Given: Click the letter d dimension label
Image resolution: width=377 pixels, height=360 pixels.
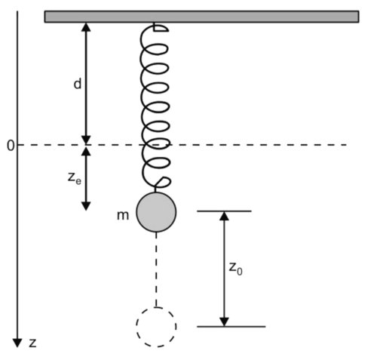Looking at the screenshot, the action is tap(78, 84).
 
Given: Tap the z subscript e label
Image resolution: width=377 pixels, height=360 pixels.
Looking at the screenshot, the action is tap(75, 178).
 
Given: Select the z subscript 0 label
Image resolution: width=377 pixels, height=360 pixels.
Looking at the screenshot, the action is tap(235, 269).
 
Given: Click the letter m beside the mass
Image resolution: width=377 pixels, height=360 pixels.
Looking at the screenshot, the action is tap(123, 216).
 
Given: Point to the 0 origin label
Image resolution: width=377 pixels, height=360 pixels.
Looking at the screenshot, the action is tap(11, 146).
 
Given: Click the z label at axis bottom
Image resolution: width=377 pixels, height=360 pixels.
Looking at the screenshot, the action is tap(32, 343).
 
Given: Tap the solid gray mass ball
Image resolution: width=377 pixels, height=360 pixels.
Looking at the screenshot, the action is tap(156, 212).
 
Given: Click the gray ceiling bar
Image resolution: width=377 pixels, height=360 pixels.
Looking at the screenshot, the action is tap(201, 17).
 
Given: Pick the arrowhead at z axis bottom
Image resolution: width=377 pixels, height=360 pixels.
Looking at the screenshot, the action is tap(17, 343).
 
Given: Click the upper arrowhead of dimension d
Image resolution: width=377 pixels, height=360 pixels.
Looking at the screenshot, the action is tap(86, 27).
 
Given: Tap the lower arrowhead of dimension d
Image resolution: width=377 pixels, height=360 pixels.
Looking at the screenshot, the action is tap(86, 140).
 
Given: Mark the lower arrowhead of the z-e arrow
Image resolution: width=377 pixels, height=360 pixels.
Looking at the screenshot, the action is tap(86, 206).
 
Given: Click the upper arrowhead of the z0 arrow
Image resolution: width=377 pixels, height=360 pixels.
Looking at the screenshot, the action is tap(224, 216).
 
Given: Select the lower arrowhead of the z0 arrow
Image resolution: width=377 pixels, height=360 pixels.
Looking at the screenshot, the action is tap(224, 322).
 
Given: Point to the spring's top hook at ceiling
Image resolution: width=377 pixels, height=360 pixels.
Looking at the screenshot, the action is tap(161, 28).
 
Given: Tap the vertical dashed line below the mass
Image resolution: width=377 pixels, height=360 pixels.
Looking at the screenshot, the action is tap(156, 269).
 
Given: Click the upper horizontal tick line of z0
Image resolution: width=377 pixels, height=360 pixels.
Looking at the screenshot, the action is tap(224, 211).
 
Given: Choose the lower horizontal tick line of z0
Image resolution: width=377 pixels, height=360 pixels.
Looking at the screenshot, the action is tap(231, 327).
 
